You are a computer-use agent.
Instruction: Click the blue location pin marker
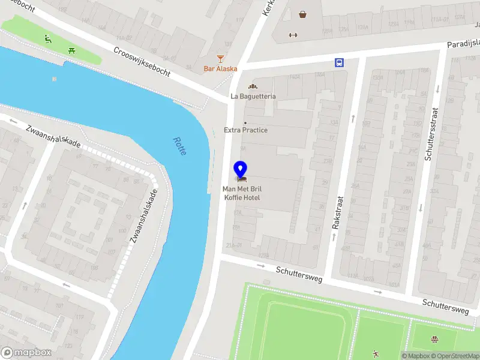click(241, 170)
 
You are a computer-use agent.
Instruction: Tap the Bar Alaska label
click(220, 68)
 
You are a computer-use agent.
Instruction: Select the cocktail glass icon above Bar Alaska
click(220, 58)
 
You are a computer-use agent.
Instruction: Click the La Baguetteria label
click(253, 96)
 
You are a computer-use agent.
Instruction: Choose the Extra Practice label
click(245, 130)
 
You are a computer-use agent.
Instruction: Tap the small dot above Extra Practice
click(245, 123)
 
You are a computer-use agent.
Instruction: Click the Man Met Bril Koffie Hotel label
click(242, 193)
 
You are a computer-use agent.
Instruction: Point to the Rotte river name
click(179, 146)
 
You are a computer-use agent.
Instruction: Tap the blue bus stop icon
click(340, 62)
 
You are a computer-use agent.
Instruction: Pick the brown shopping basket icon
click(303, 14)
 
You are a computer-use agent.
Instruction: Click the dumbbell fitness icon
click(293, 34)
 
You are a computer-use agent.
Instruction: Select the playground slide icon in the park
click(49, 40)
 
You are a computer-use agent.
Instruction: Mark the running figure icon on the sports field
click(376, 353)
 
